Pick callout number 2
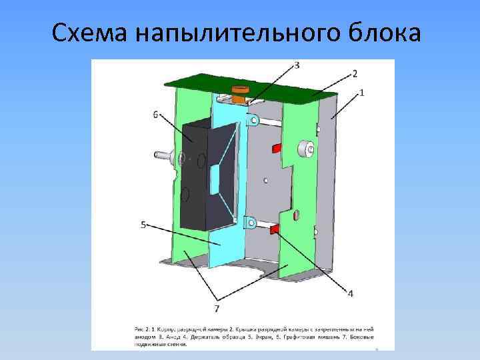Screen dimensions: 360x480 [x=355, y=74]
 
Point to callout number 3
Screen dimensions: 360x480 [x=296, y=65]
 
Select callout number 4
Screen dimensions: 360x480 [x=350, y=293]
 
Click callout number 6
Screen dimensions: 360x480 [x=155, y=115]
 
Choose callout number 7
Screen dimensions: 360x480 [x=217, y=308]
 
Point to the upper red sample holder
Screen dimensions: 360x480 [x=276, y=147]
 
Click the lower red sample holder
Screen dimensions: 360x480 [x=274, y=229]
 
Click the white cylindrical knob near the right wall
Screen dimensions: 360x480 [x=306, y=150]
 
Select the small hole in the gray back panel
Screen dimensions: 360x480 [x=266, y=179]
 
